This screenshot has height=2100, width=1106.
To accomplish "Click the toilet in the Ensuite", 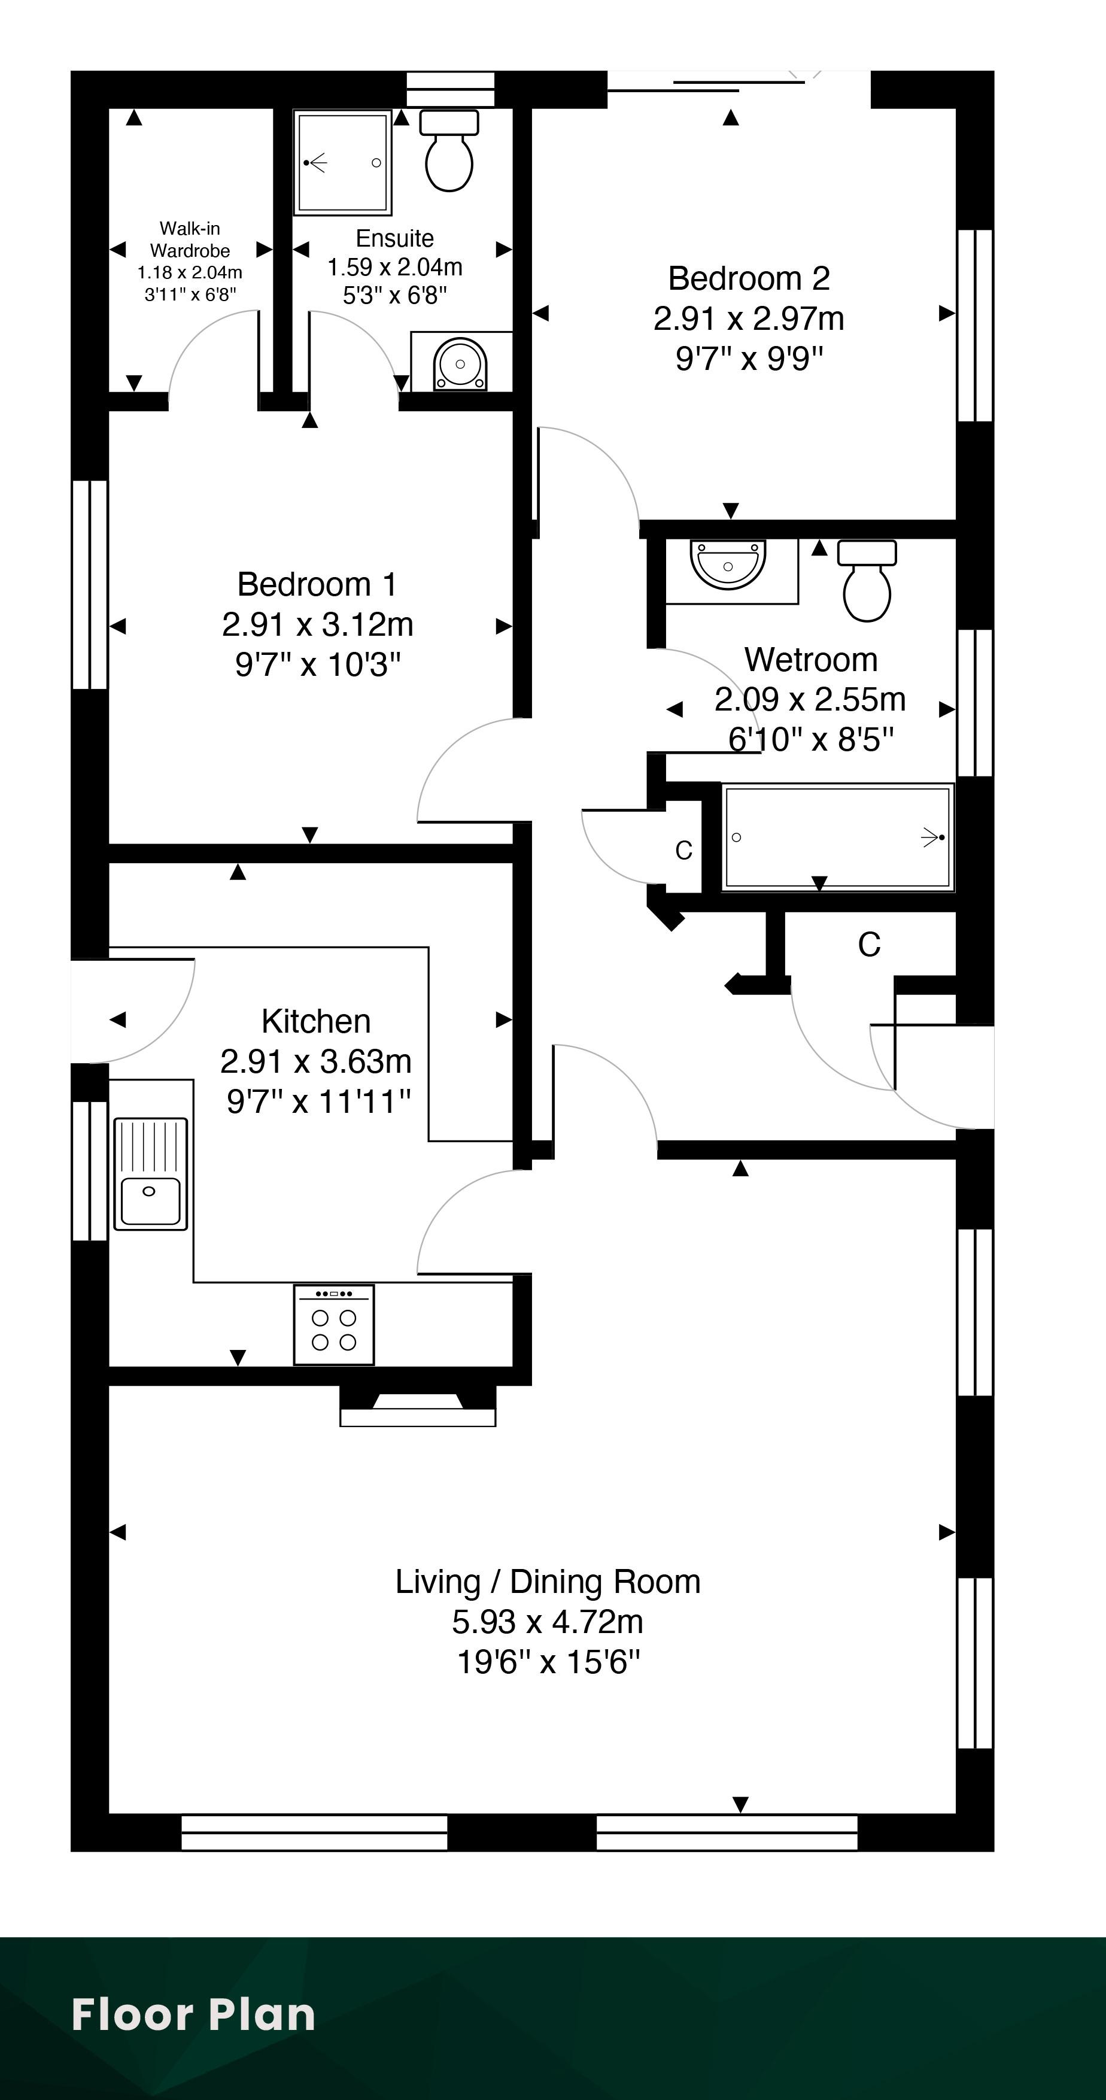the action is click(449, 151).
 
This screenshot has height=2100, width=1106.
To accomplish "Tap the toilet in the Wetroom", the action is click(867, 581).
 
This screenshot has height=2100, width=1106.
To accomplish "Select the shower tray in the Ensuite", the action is click(342, 163).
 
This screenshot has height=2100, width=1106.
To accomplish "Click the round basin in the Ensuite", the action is click(460, 363).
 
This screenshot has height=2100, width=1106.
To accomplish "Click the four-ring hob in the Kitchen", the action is click(334, 1325).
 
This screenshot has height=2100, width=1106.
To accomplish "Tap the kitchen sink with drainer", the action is click(151, 1174).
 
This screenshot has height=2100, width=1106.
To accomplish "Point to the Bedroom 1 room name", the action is click(317, 584).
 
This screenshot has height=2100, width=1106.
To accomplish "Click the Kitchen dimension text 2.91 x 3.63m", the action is click(316, 1061).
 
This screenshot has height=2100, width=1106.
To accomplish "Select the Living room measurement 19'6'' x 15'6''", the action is click(549, 1661).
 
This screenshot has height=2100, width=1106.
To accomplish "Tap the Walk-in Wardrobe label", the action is click(190, 239).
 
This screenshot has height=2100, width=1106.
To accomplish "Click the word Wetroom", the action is click(811, 660).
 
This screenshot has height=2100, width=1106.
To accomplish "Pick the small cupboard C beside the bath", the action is click(684, 850).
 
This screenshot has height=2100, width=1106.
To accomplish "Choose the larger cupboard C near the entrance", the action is click(870, 945).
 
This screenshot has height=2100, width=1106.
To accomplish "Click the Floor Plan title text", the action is click(193, 2014).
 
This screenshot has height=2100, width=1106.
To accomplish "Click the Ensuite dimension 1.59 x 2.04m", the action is click(395, 268).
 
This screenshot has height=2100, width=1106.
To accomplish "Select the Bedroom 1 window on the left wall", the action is click(90, 584).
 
